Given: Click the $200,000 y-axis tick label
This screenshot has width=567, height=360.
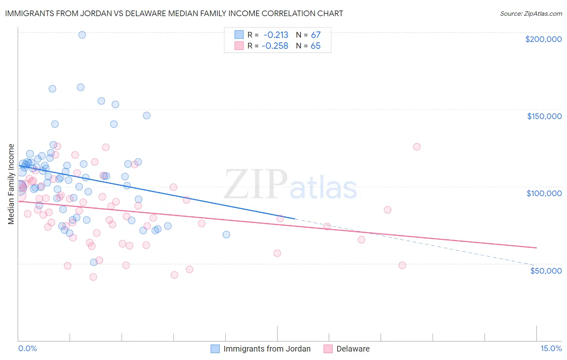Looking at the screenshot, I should pos(543,39).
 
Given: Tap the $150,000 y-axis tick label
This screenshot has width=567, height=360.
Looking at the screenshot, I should pos(544,116).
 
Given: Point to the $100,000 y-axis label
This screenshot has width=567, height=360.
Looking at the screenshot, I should pos(544,193).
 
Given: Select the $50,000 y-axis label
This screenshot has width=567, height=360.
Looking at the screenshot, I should pos(546,270).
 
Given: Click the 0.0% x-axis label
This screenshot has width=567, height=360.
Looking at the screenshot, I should pos(27,348).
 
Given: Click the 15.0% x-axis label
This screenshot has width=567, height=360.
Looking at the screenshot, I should pos(551,348).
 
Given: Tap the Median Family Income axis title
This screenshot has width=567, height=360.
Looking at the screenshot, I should pos(11,184).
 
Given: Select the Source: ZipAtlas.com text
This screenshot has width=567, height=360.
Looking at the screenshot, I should pos(531,14).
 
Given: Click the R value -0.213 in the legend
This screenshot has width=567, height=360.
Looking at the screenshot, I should pos(276,35).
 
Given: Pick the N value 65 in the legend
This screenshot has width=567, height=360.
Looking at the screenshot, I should pos(315,46).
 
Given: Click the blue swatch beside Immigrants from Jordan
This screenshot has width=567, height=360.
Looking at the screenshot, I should pos(215,349).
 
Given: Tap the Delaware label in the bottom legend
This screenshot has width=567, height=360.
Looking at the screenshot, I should pos(353,349).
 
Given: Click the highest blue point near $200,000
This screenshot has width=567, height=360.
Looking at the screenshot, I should pos(82,35).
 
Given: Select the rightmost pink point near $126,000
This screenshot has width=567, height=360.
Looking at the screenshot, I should pos(417,147).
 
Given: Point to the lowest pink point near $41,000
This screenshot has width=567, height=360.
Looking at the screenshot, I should pos(93,277).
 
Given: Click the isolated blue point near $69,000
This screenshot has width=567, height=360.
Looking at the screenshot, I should pos(226,234).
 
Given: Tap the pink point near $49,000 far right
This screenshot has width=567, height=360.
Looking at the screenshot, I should pos(402,265).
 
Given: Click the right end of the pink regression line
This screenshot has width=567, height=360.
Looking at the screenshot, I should pos(536,247).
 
